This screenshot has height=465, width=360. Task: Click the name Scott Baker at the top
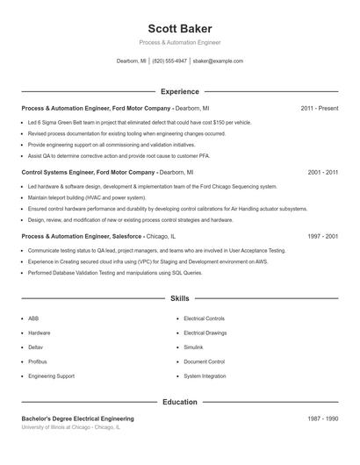180,28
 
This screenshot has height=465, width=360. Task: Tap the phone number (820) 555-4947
169,61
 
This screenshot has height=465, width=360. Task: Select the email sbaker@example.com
218,61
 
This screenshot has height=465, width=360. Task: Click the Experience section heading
180,91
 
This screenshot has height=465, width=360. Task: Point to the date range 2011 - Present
320,108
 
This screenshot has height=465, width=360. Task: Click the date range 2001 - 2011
323,173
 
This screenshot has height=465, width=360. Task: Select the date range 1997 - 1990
323,237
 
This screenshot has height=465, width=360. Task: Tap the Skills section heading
180,299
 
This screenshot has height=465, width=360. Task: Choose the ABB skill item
33,318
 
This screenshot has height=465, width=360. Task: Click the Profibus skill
37,361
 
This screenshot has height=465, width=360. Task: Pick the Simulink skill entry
193,347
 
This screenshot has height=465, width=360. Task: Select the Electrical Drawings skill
205,333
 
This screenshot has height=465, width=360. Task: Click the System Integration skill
205,376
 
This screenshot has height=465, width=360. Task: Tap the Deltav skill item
35,347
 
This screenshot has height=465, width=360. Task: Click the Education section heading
180,402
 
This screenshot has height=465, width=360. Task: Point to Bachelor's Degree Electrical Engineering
77,419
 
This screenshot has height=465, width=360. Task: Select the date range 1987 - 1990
323,419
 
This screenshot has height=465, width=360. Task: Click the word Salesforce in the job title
126,237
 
